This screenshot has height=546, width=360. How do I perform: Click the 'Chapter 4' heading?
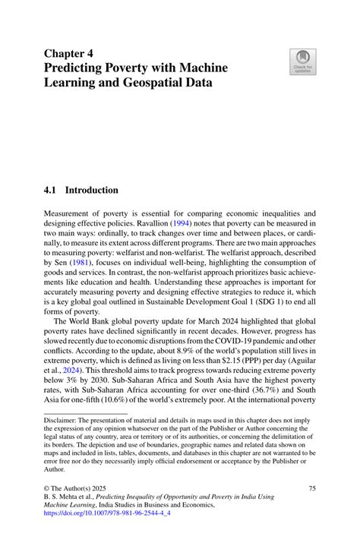pos(70,55)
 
